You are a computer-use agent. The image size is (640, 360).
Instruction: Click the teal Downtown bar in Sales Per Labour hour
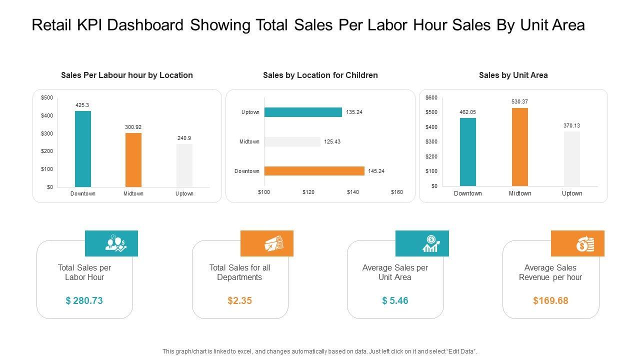click(x=83, y=149)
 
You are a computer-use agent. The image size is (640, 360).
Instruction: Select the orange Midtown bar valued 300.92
click(x=133, y=160)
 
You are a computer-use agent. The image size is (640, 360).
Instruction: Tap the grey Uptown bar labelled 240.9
click(x=184, y=165)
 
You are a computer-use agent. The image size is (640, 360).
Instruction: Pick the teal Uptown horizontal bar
click(x=303, y=112)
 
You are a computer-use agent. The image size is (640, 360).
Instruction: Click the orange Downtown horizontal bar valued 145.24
click(x=314, y=171)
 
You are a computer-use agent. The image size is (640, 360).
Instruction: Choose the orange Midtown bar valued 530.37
click(x=520, y=147)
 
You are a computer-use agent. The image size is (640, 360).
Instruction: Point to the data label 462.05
click(x=468, y=112)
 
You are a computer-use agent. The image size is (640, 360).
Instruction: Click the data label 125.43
click(x=332, y=142)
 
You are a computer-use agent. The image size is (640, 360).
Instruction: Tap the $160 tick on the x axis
click(x=396, y=192)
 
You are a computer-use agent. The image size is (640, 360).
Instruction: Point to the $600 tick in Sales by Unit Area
click(x=431, y=97)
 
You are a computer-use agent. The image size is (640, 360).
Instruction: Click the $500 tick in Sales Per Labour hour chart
click(x=46, y=97)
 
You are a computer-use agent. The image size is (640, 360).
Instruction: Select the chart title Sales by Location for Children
click(x=320, y=75)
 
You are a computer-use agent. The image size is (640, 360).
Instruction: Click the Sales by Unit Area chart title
click(x=513, y=75)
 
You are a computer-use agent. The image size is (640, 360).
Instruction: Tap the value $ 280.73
click(x=84, y=300)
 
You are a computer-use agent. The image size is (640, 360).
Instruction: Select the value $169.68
click(x=550, y=300)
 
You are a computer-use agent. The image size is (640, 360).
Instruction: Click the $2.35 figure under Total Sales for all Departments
click(x=239, y=300)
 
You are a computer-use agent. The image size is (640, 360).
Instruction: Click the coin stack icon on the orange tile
click(x=585, y=244)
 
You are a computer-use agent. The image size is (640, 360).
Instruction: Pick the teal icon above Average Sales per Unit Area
click(x=430, y=243)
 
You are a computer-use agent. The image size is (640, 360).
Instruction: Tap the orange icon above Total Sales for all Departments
click(x=274, y=244)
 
